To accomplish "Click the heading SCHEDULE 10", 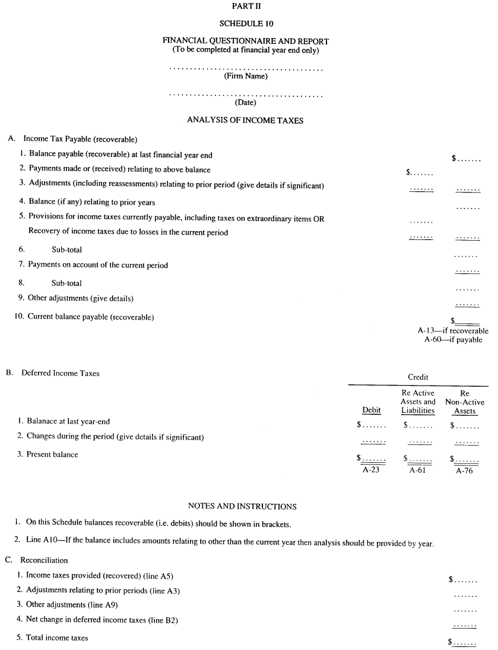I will (x=245, y=24).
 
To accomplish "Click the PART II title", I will (x=245, y=6).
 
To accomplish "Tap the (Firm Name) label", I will (x=245, y=77).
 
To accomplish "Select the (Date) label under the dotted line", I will (x=245, y=102).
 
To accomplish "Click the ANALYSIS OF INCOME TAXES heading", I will (x=245, y=120).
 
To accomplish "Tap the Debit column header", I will (x=372, y=411).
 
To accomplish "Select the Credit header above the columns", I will (x=418, y=377).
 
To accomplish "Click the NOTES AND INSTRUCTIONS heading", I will (x=242, y=506).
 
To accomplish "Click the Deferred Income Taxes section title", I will (x=61, y=374).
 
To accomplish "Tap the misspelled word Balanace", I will (x=45, y=421).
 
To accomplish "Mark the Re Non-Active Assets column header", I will (x=465, y=402).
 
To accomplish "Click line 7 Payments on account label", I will (x=97, y=265).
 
